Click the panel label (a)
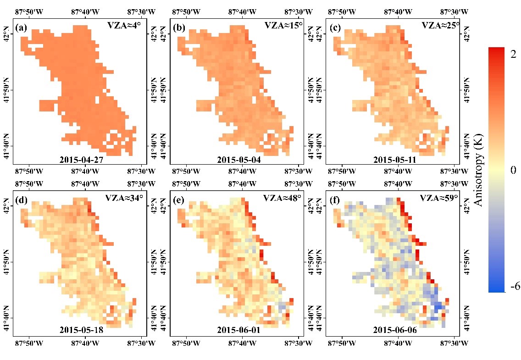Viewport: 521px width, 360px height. pyautogui.click(x=21, y=28)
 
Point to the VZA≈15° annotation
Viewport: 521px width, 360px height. pyautogui.click(x=283, y=26)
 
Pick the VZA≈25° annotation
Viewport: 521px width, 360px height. pyautogui.click(x=441, y=26)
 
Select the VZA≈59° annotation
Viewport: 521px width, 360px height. pyautogui.click(x=439, y=198)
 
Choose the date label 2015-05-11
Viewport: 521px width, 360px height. pyautogui.click(x=395, y=160)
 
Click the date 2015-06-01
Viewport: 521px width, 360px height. pyautogui.click(x=239, y=330)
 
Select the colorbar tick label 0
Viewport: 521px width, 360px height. pyautogui.click(x=513, y=170)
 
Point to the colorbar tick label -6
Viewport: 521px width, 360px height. pyautogui.click(x=515, y=287)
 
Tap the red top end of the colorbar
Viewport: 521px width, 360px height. pyautogui.click(x=496, y=50)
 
